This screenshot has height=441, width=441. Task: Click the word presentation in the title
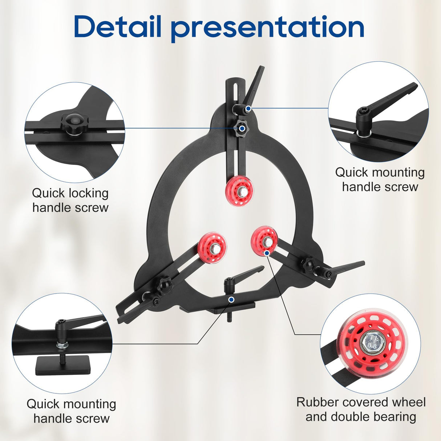[267, 29]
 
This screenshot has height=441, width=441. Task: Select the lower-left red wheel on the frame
[212, 248]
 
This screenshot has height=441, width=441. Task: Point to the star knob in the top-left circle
[73, 124]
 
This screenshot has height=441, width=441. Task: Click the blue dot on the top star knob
[242, 129]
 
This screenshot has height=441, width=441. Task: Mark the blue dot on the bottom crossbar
[231, 299]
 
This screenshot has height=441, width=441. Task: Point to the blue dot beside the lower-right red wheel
[267, 253]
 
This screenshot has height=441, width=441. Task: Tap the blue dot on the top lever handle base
[248, 109]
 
